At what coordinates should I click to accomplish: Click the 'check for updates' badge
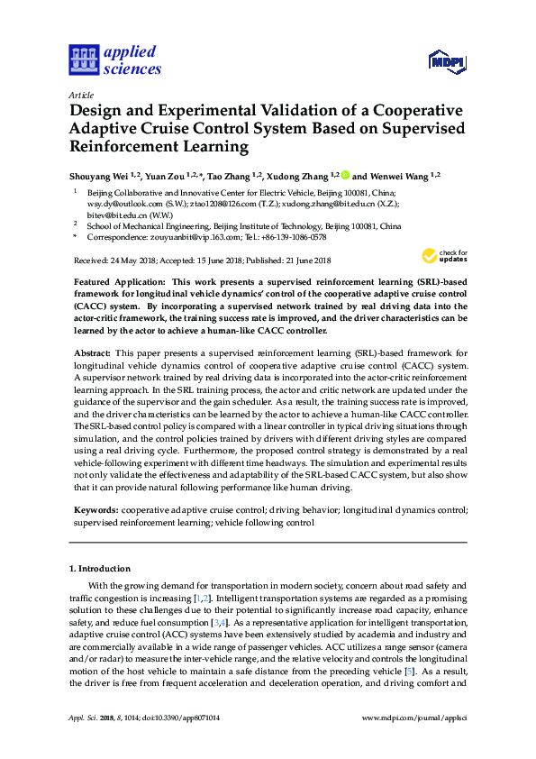447,257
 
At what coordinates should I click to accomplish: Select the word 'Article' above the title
81,94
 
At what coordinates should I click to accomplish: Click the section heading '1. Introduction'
100,569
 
